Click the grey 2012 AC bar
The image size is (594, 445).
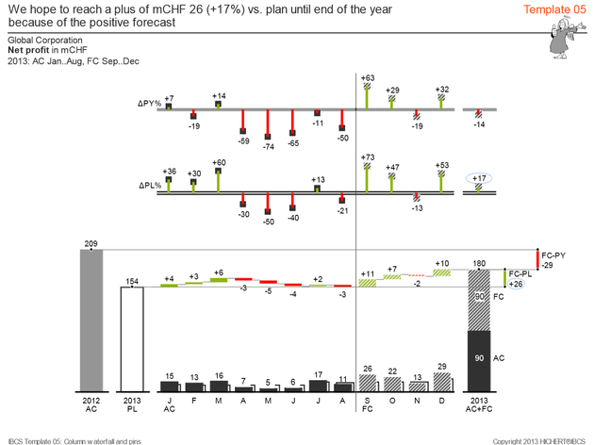[x=91, y=321]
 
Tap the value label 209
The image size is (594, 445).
[x=91, y=245]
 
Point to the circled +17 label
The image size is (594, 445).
[x=480, y=178]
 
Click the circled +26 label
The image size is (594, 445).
[x=515, y=284]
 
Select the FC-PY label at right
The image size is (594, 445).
[x=555, y=255]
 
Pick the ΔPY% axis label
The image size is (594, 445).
[x=149, y=104]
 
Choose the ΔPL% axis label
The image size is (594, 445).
[x=149, y=185]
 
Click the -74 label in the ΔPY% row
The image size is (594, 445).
[x=268, y=147]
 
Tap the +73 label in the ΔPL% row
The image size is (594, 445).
[x=368, y=157]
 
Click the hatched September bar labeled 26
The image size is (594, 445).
[x=367, y=383]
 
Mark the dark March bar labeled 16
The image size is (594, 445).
[x=219, y=385]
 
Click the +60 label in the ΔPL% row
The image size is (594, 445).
[x=219, y=162]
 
